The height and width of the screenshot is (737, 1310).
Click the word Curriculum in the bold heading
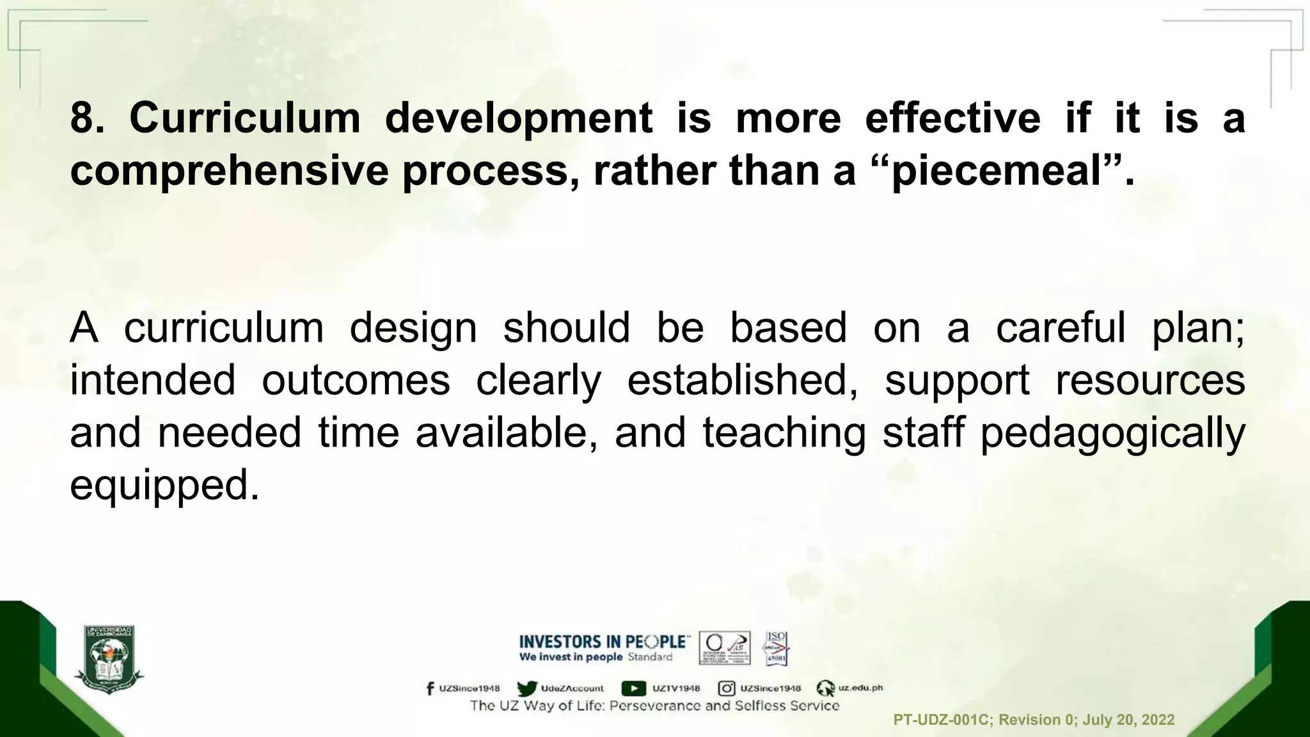click(245, 118)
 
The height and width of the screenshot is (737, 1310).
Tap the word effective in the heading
click(952, 118)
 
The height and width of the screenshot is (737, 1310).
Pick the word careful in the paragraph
click(1061, 328)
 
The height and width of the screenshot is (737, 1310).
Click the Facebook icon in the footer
click(430, 688)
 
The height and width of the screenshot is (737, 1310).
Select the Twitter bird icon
click(527, 688)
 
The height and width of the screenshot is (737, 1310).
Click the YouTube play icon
click(633, 688)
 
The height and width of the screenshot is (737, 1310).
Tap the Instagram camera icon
click(726, 688)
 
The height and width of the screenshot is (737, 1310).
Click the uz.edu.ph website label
click(860, 688)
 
